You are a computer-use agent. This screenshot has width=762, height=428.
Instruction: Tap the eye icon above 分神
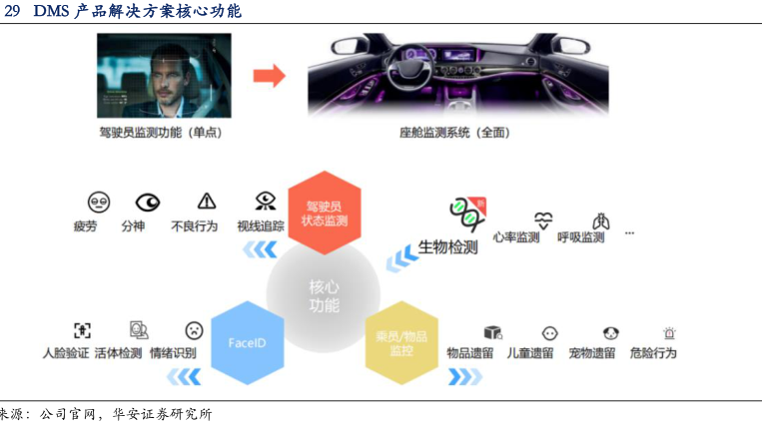click(x=148, y=202)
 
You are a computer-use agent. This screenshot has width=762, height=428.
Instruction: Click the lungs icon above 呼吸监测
click(x=600, y=220)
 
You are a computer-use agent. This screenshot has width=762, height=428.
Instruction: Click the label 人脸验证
click(x=66, y=353)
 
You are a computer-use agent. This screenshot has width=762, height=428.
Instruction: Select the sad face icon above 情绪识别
click(x=194, y=330)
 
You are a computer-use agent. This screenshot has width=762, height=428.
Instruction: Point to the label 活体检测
click(x=119, y=353)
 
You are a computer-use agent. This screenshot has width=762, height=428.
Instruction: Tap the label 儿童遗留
click(x=529, y=353)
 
